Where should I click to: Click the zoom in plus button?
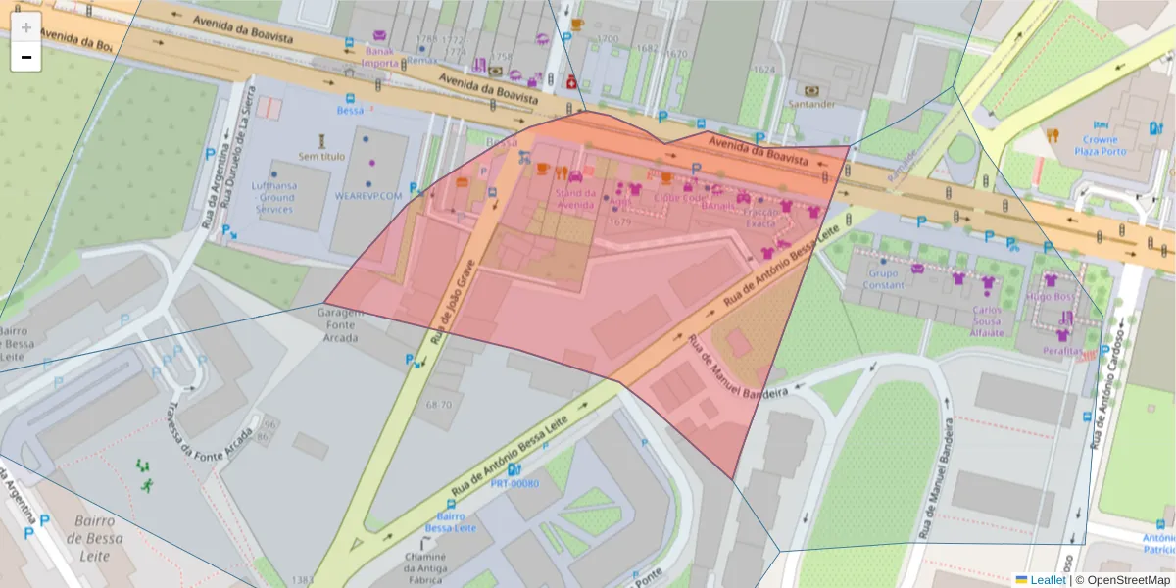tap(26, 27)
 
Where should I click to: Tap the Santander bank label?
tap(812, 104)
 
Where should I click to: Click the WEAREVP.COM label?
tap(368, 196)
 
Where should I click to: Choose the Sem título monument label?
tap(321, 156)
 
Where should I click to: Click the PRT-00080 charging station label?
tap(514, 484)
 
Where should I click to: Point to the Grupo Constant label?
tap(884, 279)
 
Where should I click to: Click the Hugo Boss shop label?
tap(1052, 296)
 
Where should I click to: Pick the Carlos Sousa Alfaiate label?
tap(987, 320)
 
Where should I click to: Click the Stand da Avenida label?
tap(575, 199)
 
